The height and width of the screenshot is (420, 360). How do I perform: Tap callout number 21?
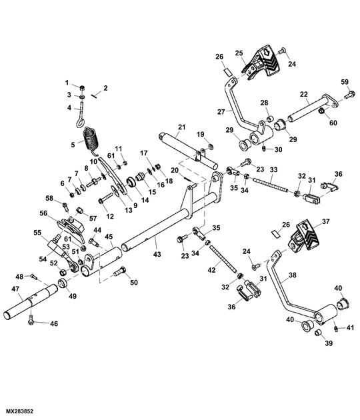(181, 127)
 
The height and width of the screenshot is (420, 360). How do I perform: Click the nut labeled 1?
(81, 88)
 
